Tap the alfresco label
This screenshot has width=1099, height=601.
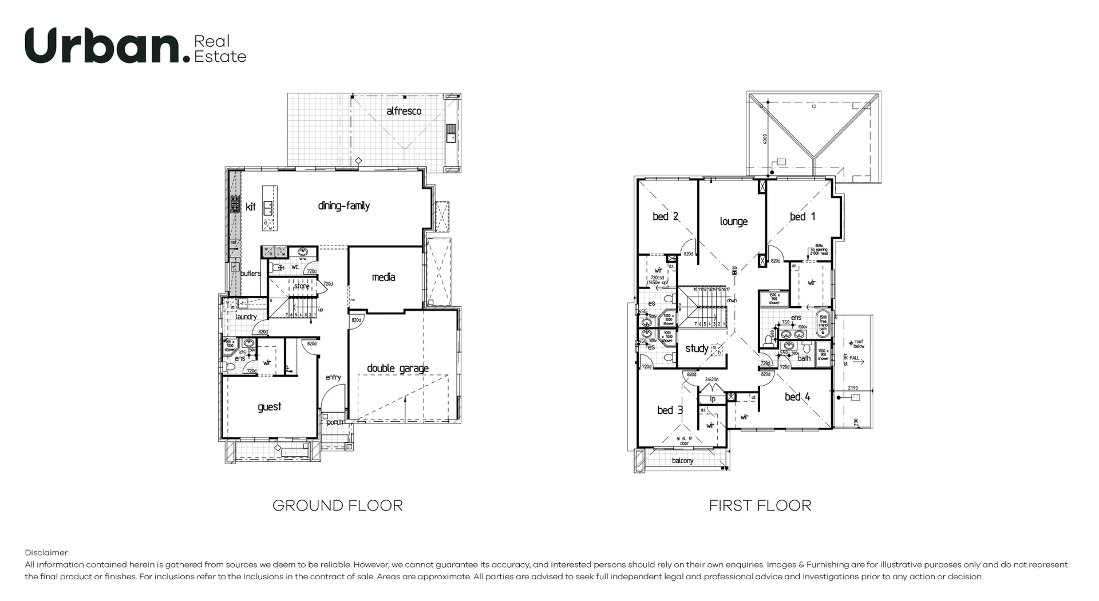click(x=404, y=111)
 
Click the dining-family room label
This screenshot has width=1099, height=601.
click(x=343, y=206)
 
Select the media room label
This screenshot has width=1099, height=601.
click(x=383, y=278)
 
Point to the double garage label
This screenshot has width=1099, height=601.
click(x=397, y=369)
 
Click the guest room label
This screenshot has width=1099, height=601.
click(x=269, y=407)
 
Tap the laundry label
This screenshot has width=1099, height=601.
click(x=246, y=317)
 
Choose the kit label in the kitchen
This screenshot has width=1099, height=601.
click(x=251, y=207)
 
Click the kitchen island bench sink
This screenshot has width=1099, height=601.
click(x=268, y=207)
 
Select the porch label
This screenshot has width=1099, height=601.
click(x=335, y=422)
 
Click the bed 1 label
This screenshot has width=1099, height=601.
click(x=802, y=217)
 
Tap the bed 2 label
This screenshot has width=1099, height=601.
click(x=665, y=216)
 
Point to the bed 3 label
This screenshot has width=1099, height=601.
click(x=670, y=410)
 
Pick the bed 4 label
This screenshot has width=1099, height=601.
click(x=797, y=397)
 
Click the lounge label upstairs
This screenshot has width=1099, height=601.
click(x=733, y=222)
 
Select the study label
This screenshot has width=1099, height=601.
click(x=697, y=349)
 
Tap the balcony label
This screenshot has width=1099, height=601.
click(x=682, y=461)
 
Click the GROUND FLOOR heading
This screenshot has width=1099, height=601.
click(x=337, y=505)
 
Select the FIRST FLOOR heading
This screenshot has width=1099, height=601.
click(x=760, y=505)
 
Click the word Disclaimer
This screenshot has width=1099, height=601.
click(x=47, y=553)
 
